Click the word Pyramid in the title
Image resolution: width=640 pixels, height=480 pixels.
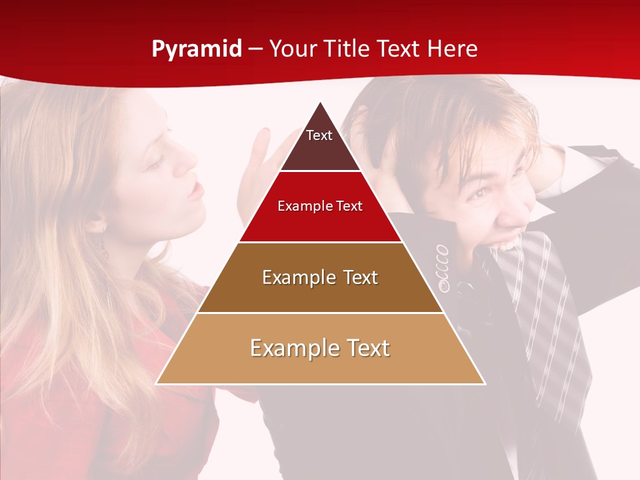tap(196, 49)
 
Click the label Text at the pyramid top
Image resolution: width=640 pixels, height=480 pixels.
tap(319, 135)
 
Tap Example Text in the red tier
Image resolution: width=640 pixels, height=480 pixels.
tap(320, 206)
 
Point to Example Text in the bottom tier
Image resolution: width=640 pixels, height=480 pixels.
tap(320, 348)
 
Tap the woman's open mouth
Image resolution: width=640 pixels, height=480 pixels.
tap(194, 191)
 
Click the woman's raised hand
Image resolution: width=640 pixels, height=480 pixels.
tap(263, 160)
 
